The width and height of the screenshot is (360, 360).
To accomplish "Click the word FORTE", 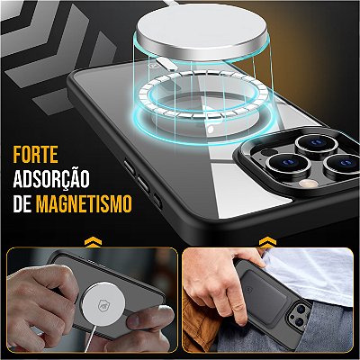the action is (35, 155).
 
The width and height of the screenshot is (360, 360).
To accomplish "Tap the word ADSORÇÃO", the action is (51, 179).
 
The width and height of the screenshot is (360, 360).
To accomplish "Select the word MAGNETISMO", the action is (84, 203).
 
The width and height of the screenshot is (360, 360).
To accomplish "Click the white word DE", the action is (22, 203).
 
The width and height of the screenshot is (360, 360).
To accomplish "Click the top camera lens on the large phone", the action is (317, 143).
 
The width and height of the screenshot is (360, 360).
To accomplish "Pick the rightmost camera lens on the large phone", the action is (343, 164).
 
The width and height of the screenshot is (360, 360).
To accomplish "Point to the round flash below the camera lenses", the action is (308, 184).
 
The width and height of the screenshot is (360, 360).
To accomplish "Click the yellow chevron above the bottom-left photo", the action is (93, 242).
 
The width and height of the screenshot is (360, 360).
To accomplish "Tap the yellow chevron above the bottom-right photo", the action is (267, 242).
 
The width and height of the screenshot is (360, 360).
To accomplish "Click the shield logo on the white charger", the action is (103, 305).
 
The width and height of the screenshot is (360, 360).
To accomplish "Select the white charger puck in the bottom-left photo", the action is (103, 304).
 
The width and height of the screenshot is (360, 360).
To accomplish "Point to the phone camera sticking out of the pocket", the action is (301, 314).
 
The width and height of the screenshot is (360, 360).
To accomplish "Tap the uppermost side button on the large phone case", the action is (130, 167).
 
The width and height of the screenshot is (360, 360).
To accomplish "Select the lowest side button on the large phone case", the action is (157, 201).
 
